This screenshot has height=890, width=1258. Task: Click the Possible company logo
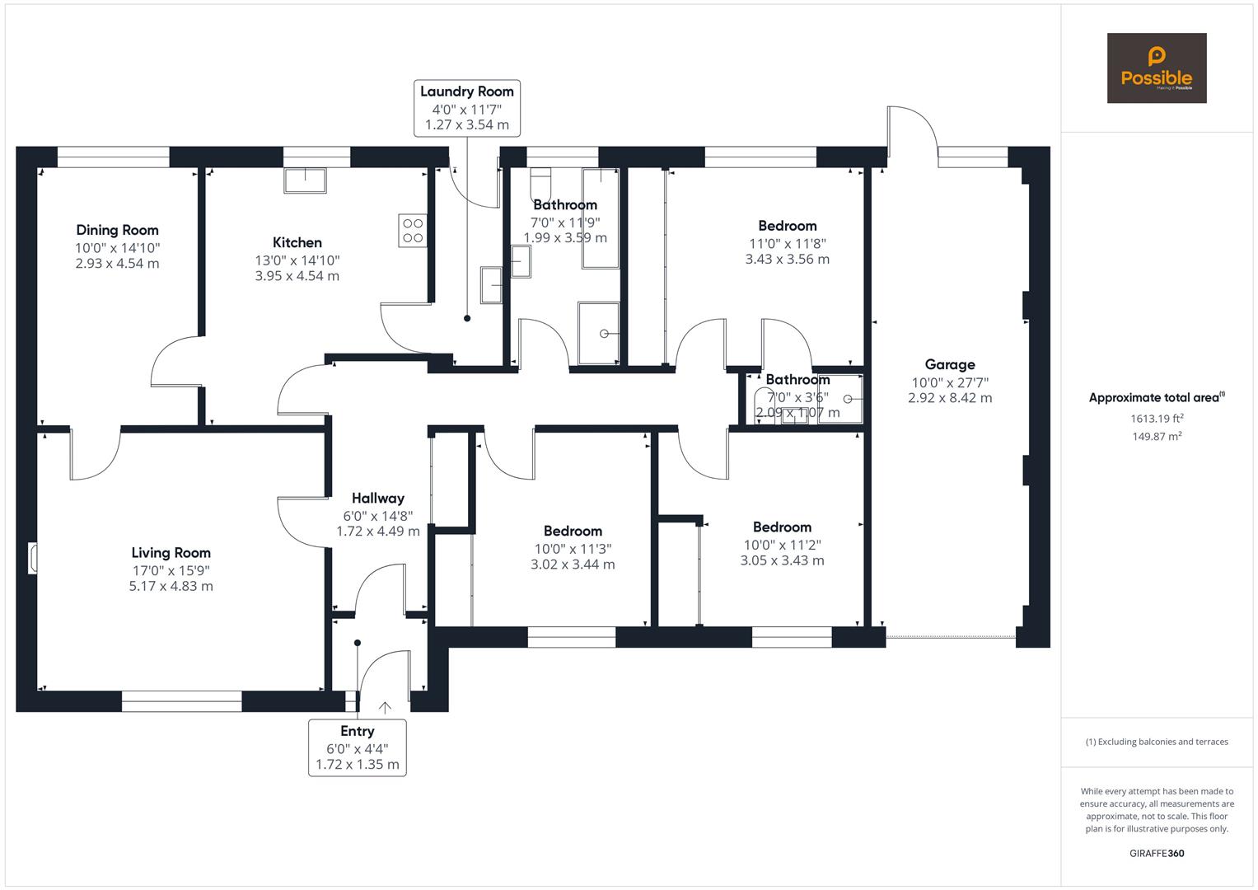tap(1156, 68)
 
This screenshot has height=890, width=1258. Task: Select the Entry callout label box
tap(357, 747)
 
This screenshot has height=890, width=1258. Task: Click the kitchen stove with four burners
tap(412, 230)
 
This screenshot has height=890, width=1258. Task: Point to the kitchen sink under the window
tap(305, 180)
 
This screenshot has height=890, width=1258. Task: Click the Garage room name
tap(949, 364)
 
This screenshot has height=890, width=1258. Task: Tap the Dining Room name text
tap(117, 230)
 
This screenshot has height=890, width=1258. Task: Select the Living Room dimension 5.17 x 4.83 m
tap(171, 586)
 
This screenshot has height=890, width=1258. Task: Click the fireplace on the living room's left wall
tap(33, 557)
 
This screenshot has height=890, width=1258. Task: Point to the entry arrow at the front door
tap(385, 707)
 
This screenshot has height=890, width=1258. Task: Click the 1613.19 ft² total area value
tap(1157, 418)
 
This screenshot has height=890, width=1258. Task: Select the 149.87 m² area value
tap(1157, 436)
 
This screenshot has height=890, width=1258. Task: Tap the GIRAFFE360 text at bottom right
tap(1156, 853)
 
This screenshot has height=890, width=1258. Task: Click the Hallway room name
tap(377, 498)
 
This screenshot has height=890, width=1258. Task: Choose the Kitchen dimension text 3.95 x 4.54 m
tap(297, 275)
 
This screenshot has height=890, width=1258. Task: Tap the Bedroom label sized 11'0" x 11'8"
tap(787, 226)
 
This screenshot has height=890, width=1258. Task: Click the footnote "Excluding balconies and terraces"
tap(1156, 742)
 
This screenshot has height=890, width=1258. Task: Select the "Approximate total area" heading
tap(1156, 398)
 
